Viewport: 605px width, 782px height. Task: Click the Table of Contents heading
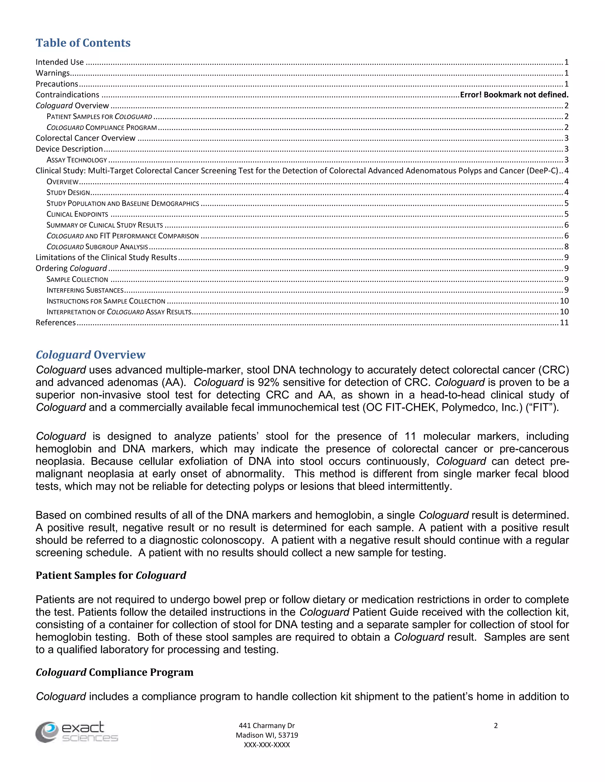83,43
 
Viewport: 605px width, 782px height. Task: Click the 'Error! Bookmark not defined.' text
514,95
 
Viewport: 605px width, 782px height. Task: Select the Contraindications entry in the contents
67,95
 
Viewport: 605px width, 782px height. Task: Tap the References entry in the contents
56,323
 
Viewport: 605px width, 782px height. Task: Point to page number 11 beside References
564,323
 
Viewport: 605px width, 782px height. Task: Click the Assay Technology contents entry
77,160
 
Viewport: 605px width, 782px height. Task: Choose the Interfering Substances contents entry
85,290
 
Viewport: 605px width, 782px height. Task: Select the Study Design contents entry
68,193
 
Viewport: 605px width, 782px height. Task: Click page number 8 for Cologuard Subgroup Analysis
566,247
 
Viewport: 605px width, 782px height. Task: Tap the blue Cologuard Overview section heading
90,355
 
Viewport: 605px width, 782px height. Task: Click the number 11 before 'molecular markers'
410,436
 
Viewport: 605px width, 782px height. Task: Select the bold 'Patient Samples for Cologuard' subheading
111,575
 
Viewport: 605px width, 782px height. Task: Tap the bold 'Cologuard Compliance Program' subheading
114,673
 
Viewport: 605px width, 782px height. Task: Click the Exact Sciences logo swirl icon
47,732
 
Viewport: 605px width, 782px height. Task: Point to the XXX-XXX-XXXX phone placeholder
267,745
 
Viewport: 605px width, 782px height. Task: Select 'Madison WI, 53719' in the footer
267,735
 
